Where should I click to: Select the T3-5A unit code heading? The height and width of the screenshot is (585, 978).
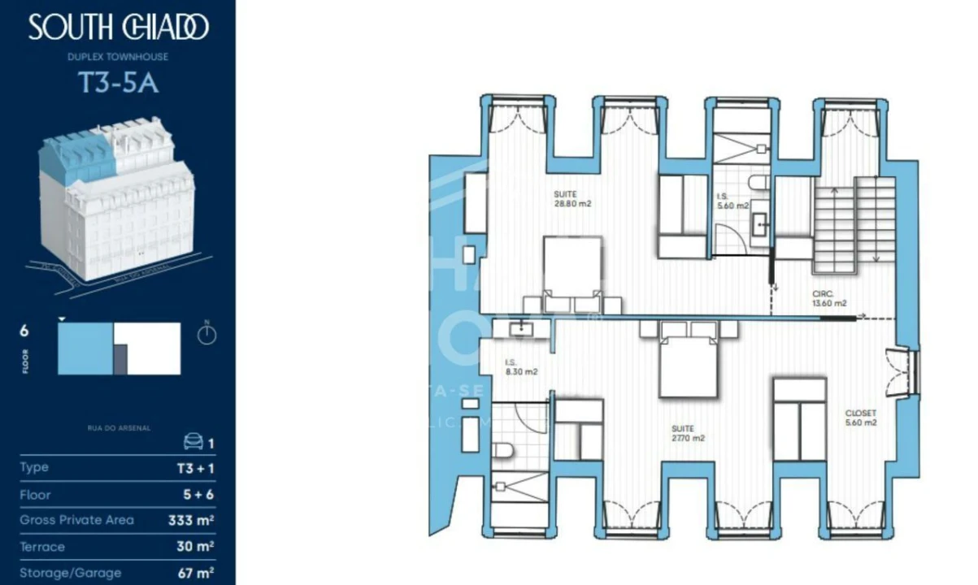coord(118,84)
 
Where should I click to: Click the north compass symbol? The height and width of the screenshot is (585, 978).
coord(207,334)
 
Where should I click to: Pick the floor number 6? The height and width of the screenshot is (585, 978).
coord(24,331)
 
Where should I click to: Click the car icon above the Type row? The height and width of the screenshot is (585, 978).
coord(193,441)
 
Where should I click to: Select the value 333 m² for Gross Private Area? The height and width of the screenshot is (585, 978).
coord(196,520)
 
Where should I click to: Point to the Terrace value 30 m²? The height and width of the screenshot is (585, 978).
coord(196,547)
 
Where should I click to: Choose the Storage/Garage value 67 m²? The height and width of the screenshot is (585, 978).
coord(196,573)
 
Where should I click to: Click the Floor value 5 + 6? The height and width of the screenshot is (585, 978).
coord(196,494)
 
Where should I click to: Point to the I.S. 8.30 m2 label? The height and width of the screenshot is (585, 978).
coord(521,367)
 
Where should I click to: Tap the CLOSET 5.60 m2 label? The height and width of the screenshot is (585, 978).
coord(861,418)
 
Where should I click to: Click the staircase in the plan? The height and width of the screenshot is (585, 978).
coord(854,219)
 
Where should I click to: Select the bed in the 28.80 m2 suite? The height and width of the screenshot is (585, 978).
coord(572,273)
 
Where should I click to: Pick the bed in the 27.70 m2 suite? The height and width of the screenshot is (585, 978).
coord(689,366)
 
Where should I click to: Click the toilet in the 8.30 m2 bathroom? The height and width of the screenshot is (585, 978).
coord(504,450)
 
